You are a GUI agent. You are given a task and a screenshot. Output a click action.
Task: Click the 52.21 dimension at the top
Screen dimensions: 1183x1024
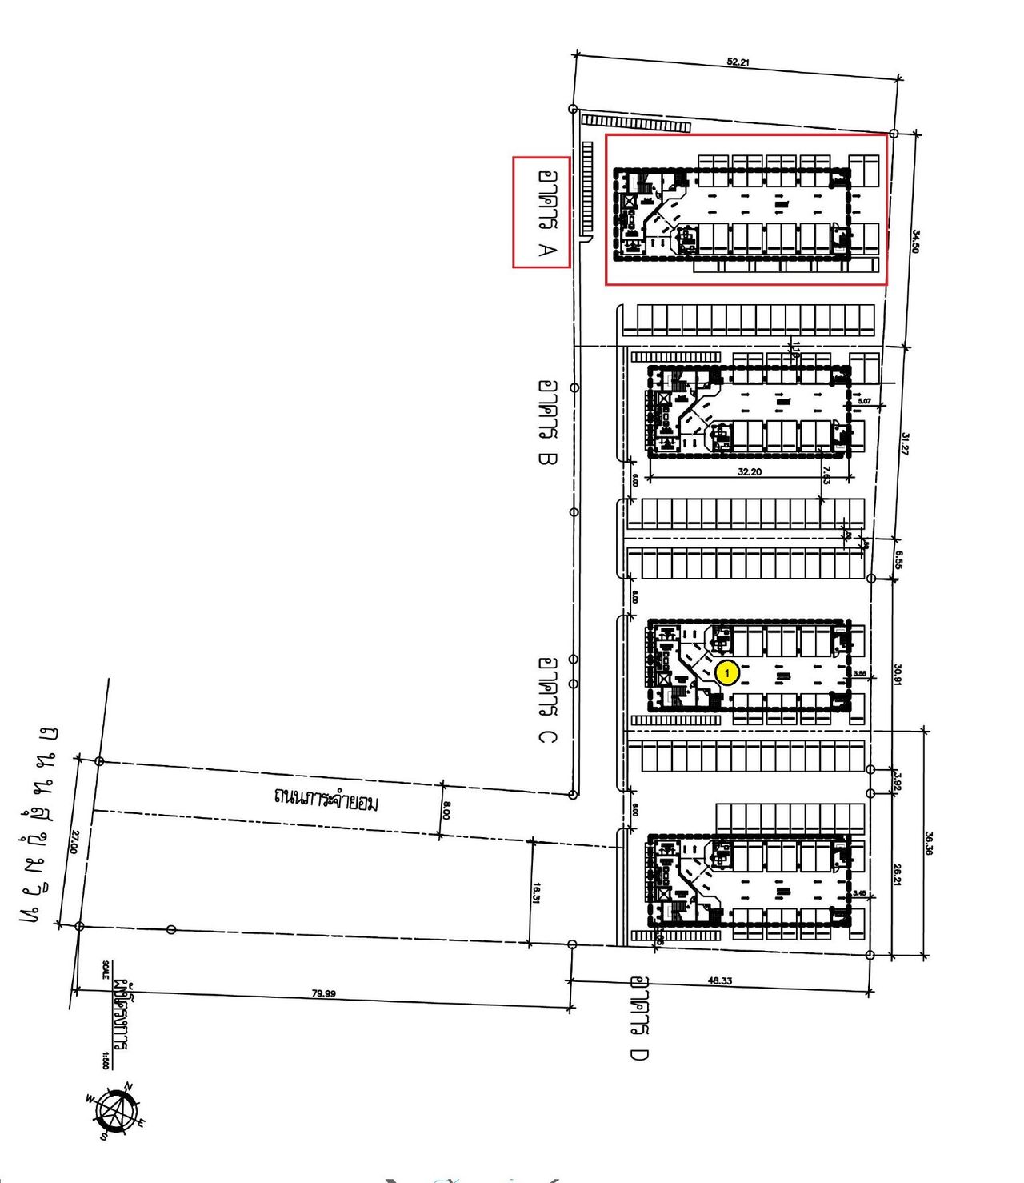(738, 62)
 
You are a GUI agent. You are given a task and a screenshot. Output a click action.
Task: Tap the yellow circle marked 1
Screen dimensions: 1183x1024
(726, 673)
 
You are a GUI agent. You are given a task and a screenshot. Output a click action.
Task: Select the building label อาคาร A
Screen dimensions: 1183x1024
(547, 212)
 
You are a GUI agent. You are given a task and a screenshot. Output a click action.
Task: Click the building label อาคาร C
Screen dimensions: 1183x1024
(547, 700)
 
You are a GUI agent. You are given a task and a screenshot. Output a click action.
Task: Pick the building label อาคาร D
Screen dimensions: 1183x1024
(638, 1017)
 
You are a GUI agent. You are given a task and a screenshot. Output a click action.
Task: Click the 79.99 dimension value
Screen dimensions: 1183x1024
(323, 993)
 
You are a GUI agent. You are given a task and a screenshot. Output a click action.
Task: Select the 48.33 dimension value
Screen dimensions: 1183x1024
(719, 980)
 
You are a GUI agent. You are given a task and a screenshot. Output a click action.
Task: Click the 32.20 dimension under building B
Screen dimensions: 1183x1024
(749, 472)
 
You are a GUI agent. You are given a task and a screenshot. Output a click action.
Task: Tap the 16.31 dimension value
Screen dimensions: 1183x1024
(537, 892)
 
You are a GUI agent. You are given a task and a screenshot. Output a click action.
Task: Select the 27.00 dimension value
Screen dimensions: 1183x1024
(74, 841)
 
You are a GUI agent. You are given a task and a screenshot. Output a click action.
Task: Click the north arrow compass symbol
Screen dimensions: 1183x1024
(117, 1110)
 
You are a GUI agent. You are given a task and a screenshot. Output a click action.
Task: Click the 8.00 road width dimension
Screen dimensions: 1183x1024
(446, 811)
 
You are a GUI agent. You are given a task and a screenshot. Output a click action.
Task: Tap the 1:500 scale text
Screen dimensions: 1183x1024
(105, 1060)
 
